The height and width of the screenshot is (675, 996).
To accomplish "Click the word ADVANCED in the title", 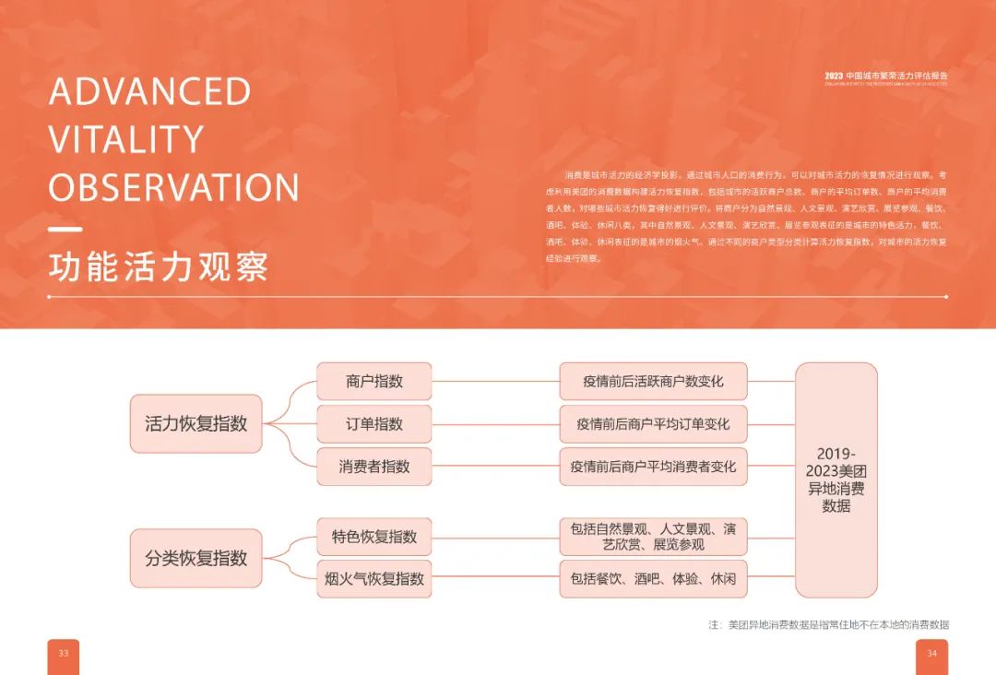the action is [x=149, y=91].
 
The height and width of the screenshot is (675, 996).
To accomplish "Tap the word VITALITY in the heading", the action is [x=126, y=139].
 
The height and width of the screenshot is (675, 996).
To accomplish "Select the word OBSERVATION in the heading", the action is [x=174, y=187].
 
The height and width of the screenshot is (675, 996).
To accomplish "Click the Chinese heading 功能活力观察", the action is [x=159, y=266].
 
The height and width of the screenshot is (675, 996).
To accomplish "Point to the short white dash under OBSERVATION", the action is [x=65, y=230].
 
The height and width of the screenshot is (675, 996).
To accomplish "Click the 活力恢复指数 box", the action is [x=196, y=424].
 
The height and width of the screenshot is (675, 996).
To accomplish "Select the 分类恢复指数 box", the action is [x=196, y=558].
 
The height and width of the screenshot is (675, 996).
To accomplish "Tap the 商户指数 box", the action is [x=374, y=381].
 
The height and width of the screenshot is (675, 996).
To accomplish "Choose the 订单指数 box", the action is [x=374, y=424].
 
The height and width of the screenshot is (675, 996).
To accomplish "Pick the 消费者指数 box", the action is [x=374, y=467].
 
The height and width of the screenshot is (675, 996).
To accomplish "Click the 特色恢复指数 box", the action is [x=374, y=537].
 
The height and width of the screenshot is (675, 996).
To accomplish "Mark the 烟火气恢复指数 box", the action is [x=374, y=579].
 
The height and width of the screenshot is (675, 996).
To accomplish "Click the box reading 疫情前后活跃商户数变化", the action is [x=653, y=381].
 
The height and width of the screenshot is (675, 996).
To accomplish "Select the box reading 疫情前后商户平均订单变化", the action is [x=653, y=424].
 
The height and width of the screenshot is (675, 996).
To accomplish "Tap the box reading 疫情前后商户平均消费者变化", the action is [x=653, y=467].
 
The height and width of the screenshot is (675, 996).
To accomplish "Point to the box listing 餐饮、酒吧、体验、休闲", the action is [x=653, y=579].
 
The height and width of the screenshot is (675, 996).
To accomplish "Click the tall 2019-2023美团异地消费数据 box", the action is [x=836, y=480].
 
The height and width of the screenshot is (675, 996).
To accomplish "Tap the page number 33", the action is [x=64, y=654].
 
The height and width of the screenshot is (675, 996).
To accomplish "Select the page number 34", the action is [x=931, y=654].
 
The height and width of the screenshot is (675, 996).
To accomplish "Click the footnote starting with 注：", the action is [x=828, y=624].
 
